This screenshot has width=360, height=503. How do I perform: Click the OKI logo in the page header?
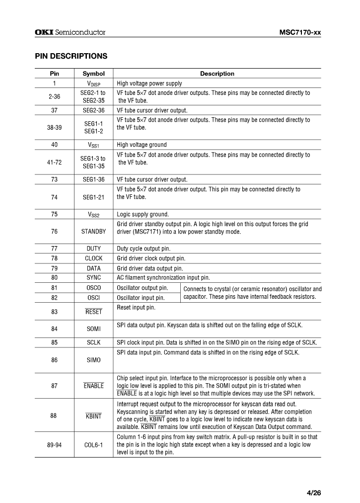pos(44,33)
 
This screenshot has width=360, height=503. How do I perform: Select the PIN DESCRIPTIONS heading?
pos(71,56)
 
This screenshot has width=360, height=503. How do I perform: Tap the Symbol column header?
pos(93,74)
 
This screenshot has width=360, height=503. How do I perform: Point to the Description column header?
pos(217,74)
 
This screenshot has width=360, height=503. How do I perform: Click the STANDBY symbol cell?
pos(93,231)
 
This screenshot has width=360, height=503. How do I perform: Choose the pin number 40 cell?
pos(54,145)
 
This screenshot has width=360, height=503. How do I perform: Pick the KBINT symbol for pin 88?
pos(93,416)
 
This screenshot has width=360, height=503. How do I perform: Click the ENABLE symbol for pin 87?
pos(93,386)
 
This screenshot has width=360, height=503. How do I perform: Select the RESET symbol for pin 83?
pos(93,312)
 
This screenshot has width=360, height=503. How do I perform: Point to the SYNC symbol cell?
pos(93,277)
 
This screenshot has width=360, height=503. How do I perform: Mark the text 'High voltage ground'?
pos(142,145)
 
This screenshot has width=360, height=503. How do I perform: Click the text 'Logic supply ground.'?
pos(143,214)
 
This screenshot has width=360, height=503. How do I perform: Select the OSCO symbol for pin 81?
pos(93,288)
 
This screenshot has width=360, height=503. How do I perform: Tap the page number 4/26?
pos(314,493)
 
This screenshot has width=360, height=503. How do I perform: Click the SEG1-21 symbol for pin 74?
pos(93,197)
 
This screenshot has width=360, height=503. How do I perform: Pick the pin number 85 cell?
pos(54,342)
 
